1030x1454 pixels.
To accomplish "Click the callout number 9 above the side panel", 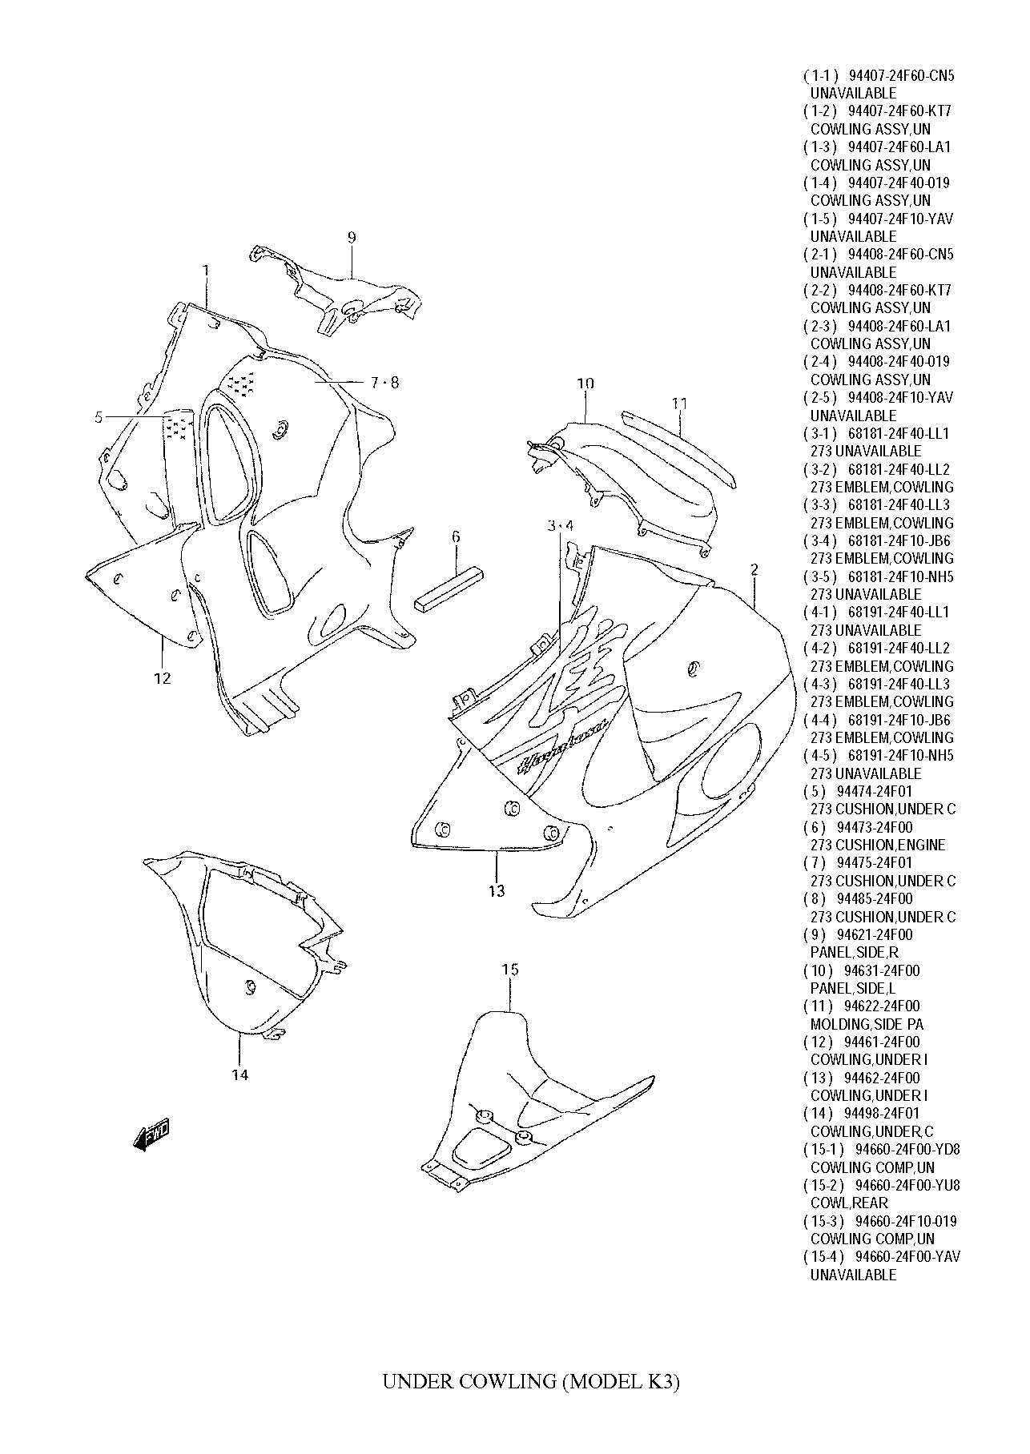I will (x=352, y=237).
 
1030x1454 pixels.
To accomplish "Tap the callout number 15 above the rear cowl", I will (x=510, y=970).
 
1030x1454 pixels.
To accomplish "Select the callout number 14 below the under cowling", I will (x=240, y=1074).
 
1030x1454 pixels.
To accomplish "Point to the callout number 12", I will (x=162, y=678).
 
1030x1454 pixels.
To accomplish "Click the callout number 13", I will (x=497, y=890).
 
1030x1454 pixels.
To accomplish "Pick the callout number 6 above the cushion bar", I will (x=456, y=536).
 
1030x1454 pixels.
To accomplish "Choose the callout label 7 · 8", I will (x=384, y=383).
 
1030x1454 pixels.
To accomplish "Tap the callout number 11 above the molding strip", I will (x=680, y=404).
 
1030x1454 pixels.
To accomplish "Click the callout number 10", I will (x=585, y=384).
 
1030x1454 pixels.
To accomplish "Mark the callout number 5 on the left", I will (x=99, y=416).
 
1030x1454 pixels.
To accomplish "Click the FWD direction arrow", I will (x=151, y=1135).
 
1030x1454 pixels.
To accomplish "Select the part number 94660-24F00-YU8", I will (x=907, y=1185).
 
